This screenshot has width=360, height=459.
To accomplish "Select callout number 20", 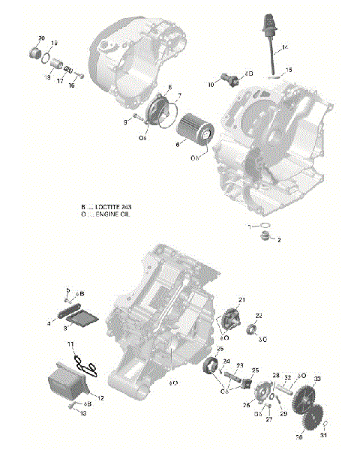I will coord(40,38).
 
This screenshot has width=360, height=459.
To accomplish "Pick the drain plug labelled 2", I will coord(264,237).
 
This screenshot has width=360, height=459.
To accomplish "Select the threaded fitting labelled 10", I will coord(228,79).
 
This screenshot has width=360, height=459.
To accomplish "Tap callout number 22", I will coord(259,316).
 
